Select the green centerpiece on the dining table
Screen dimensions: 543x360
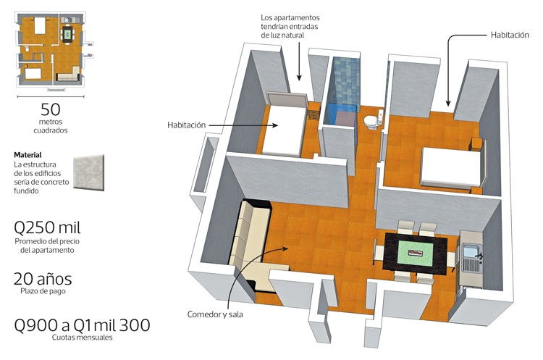tap(416, 253)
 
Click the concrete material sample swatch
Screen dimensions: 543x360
tap(88, 172)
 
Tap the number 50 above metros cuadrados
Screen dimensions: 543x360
tap(51, 109)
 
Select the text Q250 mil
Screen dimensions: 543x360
tap(47, 227)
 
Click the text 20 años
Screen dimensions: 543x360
tap(43, 279)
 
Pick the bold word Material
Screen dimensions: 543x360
tap(28, 155)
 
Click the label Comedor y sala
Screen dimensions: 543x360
tap(215, 314)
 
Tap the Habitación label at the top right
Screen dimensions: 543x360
tap(510, 35)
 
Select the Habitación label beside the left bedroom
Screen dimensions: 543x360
tap(186, 125)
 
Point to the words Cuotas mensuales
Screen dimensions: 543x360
tap(82, 337)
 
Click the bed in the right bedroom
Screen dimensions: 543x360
tap(451, 169)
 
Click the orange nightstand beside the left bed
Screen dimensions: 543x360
tap(313, 111)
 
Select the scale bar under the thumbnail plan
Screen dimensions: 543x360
tap(51, 96)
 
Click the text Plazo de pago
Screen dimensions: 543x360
tap(43, 291)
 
